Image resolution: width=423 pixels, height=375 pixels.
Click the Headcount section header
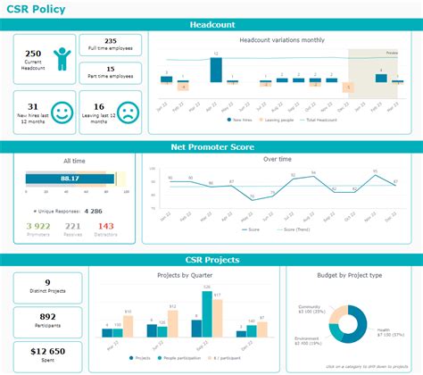(x=211, y=25)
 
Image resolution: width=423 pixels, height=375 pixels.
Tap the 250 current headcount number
(x=32, y=54)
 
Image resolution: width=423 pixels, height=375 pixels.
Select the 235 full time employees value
(x=111, y=41)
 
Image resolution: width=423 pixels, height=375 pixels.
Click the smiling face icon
(x=61, y=112)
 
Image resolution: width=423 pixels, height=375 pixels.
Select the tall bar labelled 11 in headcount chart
(x=215, y=70)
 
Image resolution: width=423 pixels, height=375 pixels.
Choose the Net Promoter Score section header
(x=211, y=147)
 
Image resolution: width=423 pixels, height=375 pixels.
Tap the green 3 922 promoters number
(x=37, y=226)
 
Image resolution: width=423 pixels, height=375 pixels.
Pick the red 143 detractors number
(x=106, y=226)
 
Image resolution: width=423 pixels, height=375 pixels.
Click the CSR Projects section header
(x=211, y=260)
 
